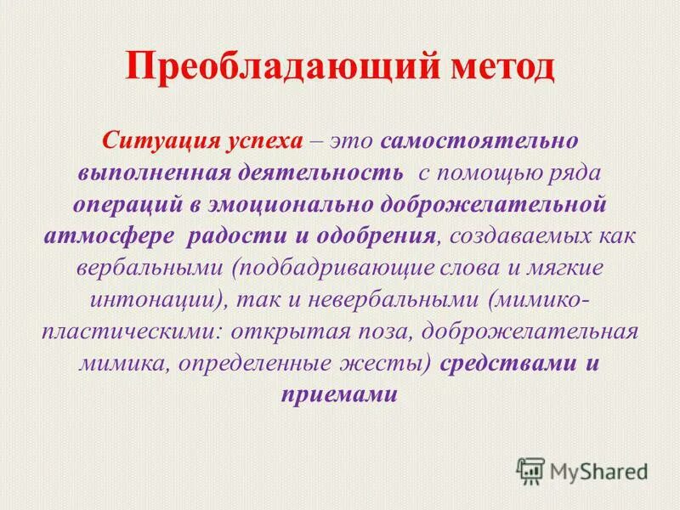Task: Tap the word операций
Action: [x=125, y=205]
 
